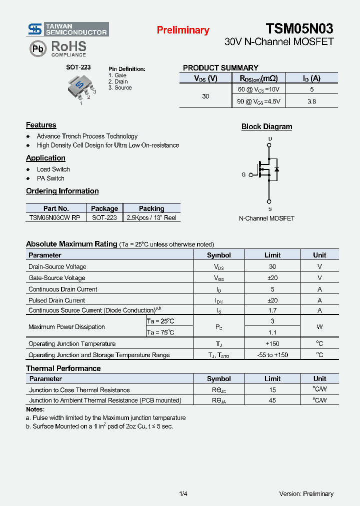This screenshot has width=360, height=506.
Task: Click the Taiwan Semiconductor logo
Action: (67, 29)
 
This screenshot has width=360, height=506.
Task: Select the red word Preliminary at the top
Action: (183, 30)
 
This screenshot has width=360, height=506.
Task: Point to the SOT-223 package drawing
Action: (80, 87)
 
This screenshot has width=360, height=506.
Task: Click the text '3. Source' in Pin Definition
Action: (120, 87)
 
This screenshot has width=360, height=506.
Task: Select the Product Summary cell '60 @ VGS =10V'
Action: (258, 89)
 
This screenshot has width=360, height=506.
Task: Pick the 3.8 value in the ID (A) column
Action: (311, 101)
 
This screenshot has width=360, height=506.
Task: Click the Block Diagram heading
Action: (266, 126)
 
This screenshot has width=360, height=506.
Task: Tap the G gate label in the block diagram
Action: (243, 174)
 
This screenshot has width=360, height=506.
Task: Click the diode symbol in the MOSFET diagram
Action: (276, 169)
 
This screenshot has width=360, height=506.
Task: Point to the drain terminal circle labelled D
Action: (269, 145)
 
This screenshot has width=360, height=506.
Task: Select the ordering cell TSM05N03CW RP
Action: (54, 217)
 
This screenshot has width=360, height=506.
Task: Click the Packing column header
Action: (151, 208)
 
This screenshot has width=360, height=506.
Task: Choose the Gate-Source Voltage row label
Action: (56, 278)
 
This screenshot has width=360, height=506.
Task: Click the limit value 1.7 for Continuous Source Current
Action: (272, 310)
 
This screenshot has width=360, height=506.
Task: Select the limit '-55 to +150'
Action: (272, 355)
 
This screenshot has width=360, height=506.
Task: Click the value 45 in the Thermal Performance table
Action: (272, 400)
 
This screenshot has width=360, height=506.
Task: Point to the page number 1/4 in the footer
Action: (183, 494)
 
